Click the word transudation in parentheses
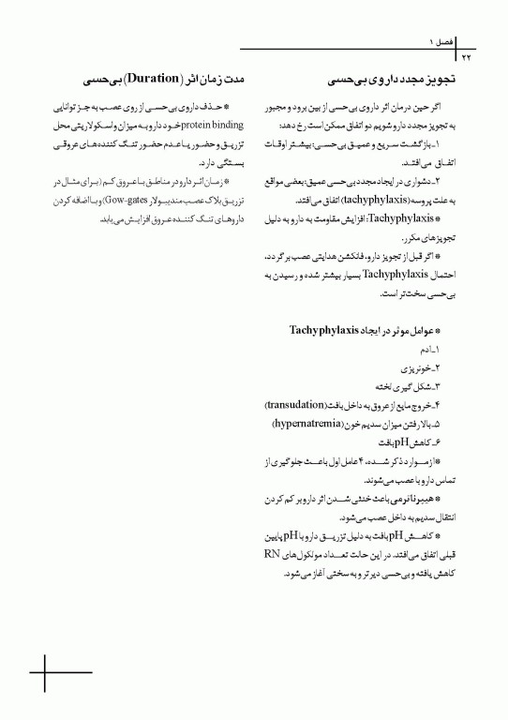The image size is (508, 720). click(x=297, y=405)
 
